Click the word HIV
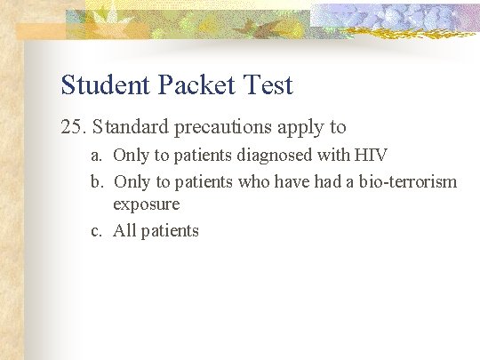click(371, 156)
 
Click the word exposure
click(146, 204)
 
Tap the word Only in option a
click(131, 156)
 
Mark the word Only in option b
click(131, 182)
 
